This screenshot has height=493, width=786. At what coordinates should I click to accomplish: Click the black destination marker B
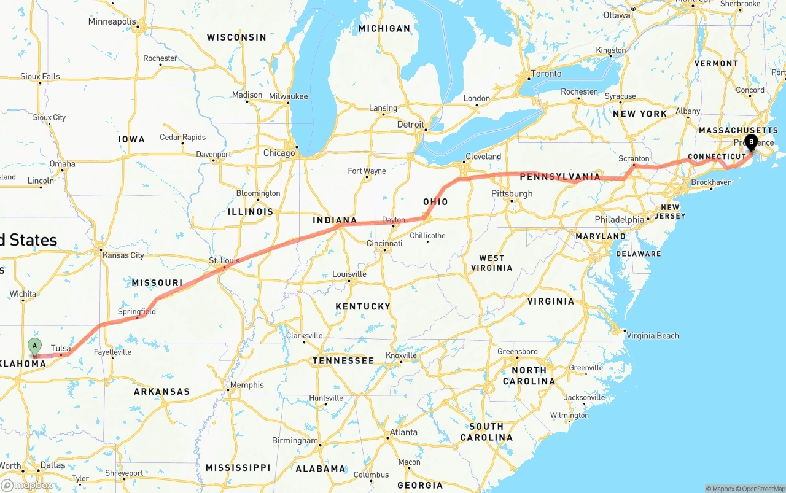[750, 143]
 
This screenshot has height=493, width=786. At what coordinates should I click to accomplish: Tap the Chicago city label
[279, 153]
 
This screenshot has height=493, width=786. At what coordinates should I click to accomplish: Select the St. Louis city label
[224, 261]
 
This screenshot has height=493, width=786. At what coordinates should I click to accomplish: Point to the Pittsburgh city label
[512, 194]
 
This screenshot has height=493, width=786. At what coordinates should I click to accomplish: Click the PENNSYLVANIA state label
[560, 177]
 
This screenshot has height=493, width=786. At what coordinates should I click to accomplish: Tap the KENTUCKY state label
[363, 306]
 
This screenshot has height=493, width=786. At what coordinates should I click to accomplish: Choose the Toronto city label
[546, 74]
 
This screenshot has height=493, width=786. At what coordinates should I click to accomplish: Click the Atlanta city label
[403, 432]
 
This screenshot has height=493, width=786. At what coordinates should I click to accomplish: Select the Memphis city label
[247, 385]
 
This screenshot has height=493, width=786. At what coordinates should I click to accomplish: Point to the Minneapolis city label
[112, 21]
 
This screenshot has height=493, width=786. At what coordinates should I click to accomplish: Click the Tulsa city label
[61, 348]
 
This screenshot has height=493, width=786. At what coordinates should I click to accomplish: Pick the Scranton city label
[634, 158]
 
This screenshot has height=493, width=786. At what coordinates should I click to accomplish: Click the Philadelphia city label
[619, 219]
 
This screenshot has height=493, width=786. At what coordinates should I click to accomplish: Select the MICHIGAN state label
[384, 28]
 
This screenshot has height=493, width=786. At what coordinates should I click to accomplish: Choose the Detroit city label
[411, 124]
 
